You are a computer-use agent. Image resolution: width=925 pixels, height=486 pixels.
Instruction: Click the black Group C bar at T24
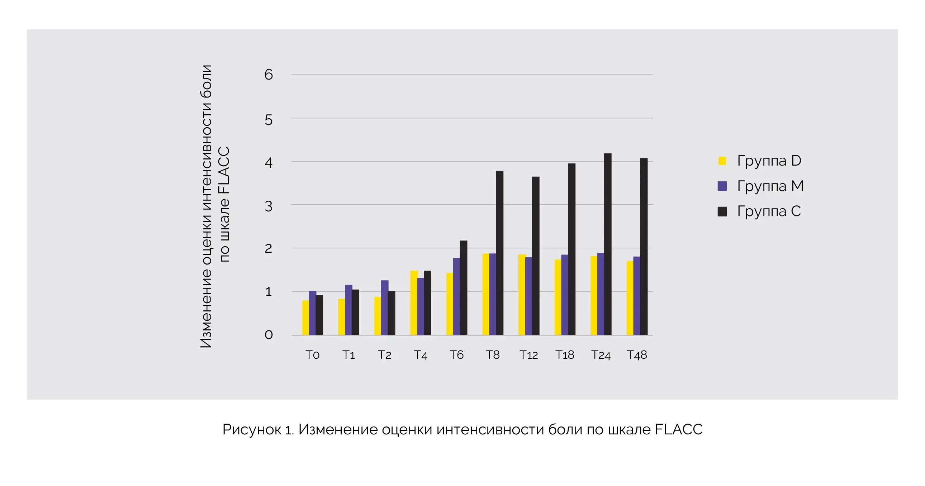[608, 244]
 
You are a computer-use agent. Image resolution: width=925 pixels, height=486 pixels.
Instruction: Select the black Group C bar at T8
[499, 253]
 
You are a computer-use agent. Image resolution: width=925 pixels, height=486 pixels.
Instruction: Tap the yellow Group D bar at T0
[305, 318]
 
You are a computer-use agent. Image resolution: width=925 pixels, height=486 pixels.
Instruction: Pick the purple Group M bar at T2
[385, 308]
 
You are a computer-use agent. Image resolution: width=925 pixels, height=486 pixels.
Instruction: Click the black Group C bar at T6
[464, 288]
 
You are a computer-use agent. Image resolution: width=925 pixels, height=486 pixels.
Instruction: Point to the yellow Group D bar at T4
[414, 303]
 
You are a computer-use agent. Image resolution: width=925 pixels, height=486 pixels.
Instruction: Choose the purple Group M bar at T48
[637, 296]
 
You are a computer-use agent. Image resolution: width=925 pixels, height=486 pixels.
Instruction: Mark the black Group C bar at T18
[571, 249]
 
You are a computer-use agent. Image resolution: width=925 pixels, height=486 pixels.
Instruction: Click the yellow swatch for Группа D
[722, 161]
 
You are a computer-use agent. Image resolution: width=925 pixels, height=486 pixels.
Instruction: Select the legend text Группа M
[770, 186]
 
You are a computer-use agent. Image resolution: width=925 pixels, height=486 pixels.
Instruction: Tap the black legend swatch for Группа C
[722, 211]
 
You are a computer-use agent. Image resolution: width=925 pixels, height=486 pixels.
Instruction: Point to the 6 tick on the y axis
[269, 75]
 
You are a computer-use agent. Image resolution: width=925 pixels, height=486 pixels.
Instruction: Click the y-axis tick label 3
[269, 206]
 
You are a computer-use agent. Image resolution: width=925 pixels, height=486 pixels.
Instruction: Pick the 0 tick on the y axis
[269, 335]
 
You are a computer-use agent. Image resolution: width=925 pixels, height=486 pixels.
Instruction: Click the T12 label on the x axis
[528, 355]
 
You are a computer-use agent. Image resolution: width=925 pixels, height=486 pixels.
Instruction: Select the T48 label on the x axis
[637, 355]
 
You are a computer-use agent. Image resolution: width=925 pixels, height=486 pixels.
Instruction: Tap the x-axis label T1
[349, 355]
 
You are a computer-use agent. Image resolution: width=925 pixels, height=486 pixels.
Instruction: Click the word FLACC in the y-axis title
[224, 170]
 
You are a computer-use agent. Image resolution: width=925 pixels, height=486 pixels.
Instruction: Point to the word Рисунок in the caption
[252, 430]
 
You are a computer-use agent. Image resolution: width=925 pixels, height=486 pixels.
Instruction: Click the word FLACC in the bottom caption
[679, 430]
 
